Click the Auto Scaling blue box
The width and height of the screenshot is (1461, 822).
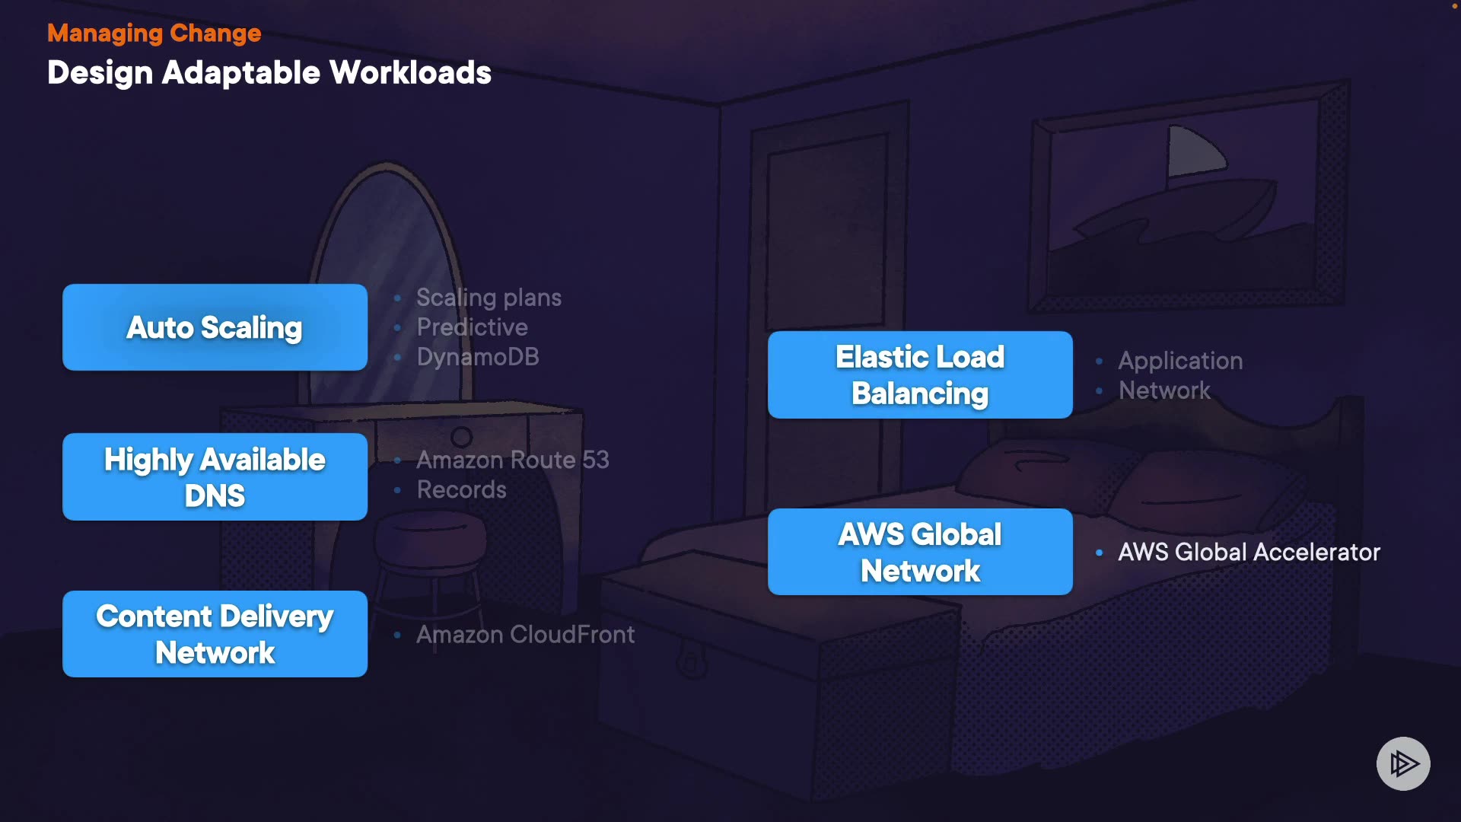[x=215, y=327]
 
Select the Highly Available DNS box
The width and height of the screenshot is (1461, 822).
[x=215, y=477]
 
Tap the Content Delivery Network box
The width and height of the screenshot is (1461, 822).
[x=215, y=634]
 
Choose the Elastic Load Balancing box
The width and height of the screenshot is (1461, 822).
[x=920, y=374]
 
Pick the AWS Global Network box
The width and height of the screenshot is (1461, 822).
[x=920, y=552]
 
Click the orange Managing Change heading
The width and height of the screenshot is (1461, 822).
[x=154, y=33]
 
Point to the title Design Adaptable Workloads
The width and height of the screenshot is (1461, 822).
[x=269, y=73]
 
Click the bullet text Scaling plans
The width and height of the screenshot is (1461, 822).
[x=489, y=298]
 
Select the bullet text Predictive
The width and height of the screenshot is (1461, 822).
[x=472, y=327]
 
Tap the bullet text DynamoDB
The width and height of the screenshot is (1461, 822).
[x=478, y=357]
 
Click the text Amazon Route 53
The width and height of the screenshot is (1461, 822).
[x=513, y=460]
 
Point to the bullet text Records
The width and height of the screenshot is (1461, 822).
[x=461, y=489]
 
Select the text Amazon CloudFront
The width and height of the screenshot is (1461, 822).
[x=525, y=635]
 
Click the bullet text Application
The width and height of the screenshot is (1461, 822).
[x=1180, y=361]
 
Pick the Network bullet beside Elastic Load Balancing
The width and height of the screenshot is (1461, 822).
[x=1164, y=390]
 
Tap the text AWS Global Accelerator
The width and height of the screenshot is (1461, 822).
[x=1249, y=552]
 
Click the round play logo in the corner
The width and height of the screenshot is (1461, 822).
[x=1403, y=763]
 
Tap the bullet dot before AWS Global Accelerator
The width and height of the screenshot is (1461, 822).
[x=1099, y=553]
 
